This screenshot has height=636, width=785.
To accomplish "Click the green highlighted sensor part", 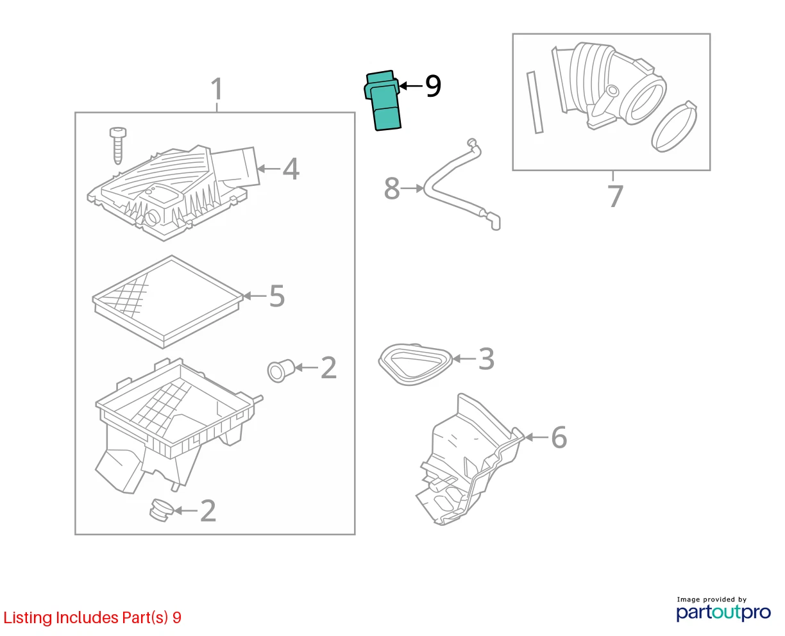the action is (x=382, y=101).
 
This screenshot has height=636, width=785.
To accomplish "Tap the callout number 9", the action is (x=433, y=86).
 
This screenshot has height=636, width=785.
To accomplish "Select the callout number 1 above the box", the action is (x=217, y=89).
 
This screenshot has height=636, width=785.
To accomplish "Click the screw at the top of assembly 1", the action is (x=118, y=146).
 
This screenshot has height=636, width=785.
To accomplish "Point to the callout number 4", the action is (x=291, y=169).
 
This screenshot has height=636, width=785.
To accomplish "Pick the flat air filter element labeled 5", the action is (x=167, y=302).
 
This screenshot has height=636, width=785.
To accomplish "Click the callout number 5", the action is (x=277, y=296).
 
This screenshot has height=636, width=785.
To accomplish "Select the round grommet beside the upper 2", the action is (x=281, y=371).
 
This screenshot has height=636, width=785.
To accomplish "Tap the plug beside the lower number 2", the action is (x=162, y=510).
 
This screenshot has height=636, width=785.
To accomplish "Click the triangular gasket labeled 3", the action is (x=416, y=364).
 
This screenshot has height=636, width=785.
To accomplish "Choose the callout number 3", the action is (x=486, y=358).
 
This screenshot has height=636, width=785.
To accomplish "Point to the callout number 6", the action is (x=559, y=437).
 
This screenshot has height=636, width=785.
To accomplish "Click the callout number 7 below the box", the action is (x=615, y=196).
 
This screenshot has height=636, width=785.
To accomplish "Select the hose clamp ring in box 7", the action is (x=674, y=126).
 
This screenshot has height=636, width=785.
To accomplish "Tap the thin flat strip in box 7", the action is (x=535, y=103).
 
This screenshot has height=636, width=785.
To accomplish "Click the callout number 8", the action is (x=392, y=188).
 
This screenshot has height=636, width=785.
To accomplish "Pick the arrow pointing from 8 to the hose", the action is (x=412, y=188).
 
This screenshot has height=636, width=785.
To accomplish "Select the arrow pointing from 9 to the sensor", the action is (x=410, y=86).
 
